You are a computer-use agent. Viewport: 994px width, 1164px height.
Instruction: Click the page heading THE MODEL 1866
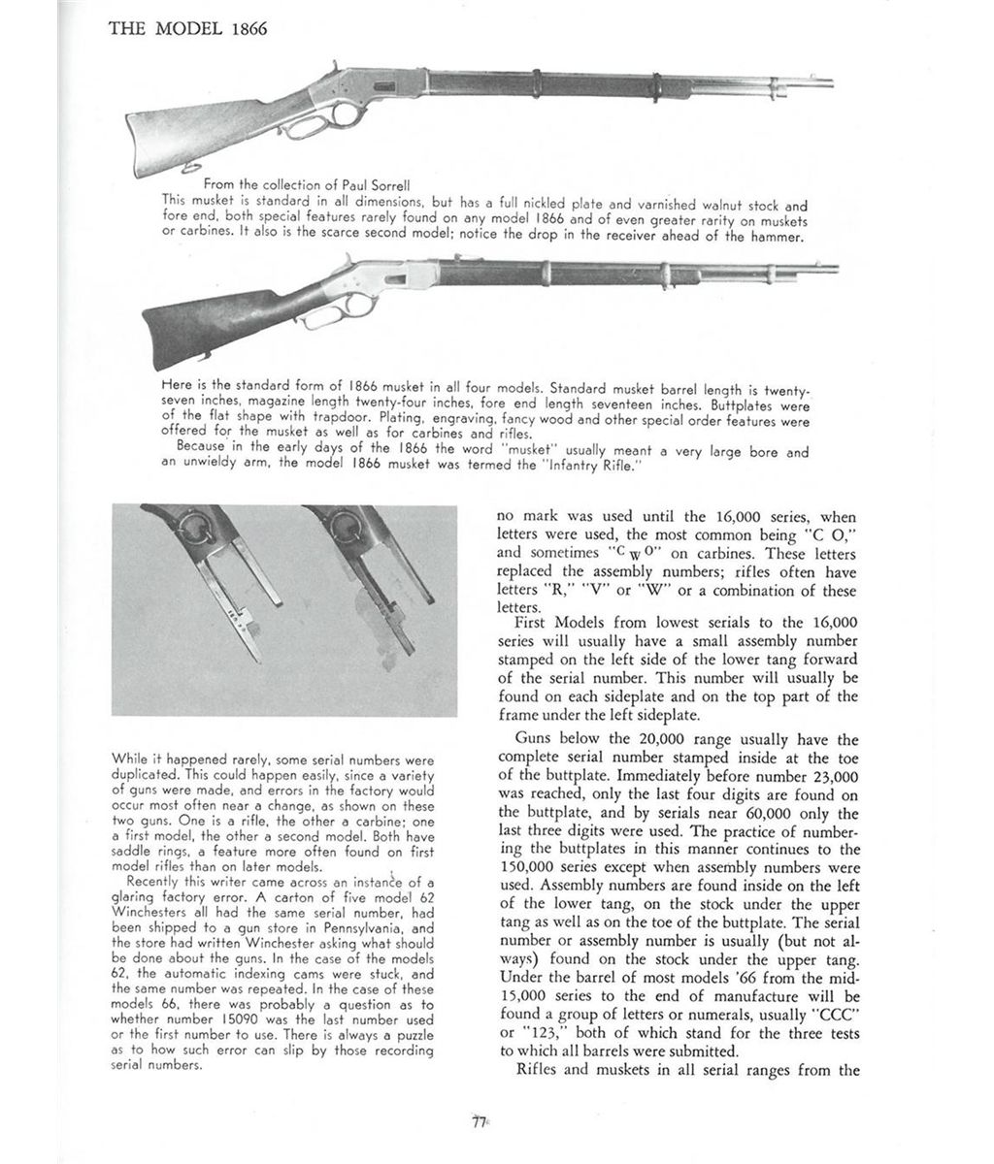coord(187,28)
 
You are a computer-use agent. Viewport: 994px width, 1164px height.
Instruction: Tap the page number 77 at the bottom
coord(478,1121)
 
